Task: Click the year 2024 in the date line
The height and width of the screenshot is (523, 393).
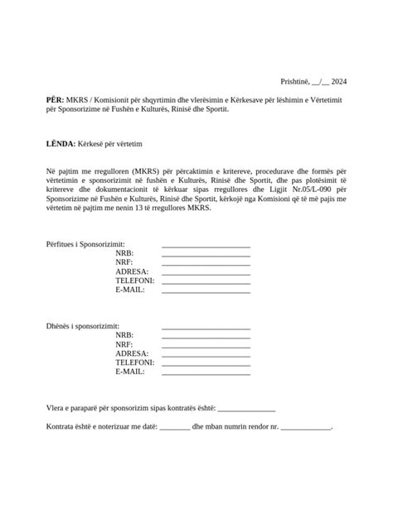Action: (x=337, y=81)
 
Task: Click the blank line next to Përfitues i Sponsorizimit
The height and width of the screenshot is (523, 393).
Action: (x=206, y=247)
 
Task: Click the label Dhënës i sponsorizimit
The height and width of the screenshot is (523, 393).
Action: (x=82, y=327)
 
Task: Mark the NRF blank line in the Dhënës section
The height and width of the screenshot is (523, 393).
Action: (x=206, y=344)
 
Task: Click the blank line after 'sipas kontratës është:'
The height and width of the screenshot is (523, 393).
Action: (x=246, y=408)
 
